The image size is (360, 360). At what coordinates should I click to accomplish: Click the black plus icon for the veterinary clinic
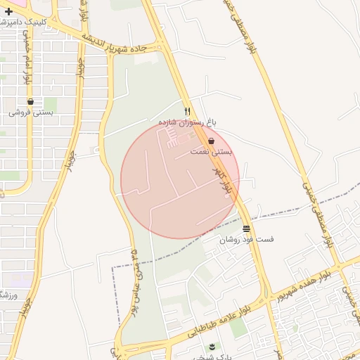(x=8, y=11)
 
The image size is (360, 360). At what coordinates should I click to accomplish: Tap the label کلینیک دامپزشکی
(x=41, y=22)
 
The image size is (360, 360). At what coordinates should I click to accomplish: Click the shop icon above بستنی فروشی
(x=30, y=102)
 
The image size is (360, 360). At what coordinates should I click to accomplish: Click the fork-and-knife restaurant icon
(x=187, y=112)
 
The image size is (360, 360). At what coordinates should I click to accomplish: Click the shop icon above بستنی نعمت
(x=211, y=141)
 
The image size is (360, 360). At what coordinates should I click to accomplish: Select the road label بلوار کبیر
(x=223, y=182)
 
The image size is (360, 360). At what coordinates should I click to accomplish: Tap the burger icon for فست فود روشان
(x=246, y=229)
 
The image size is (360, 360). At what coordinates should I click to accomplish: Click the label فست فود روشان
(x=246, y=240)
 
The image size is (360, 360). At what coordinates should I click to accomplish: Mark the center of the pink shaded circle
(x=180, y=180)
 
